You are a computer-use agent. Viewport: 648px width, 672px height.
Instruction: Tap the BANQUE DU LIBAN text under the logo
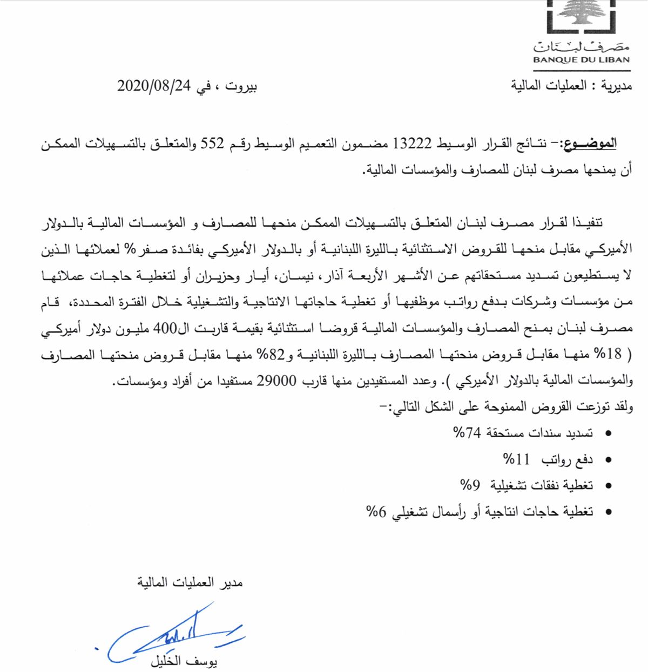[x=581, y=60]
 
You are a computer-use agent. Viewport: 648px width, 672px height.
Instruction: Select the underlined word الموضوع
[x=593, y=145]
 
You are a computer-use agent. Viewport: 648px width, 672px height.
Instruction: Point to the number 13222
[x=413, y=145]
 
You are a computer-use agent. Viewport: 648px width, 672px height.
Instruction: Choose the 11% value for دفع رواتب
[x=514, y=459]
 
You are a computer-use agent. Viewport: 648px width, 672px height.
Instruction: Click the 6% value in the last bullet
[x=374, y=511]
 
